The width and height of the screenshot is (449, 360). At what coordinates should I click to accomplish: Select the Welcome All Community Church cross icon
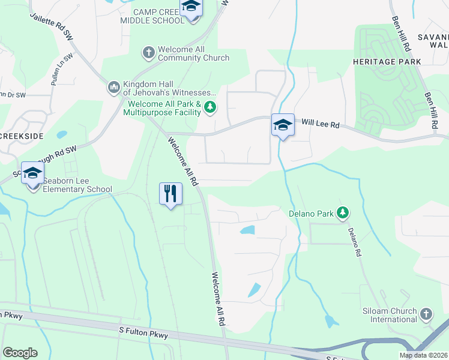tap(148, 53)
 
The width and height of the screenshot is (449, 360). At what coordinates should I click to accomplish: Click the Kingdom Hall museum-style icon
tap(113, 88)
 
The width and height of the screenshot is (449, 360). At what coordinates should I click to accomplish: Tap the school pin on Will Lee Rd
tap(283, 125)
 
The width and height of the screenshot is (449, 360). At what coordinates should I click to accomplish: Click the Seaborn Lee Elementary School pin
tap(33, 174)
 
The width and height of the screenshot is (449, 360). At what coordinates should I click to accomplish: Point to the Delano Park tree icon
tap(342, 212)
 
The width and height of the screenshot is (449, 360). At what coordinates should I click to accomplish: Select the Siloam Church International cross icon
tap(426, 314)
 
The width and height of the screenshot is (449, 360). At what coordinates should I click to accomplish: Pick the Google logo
tap(20, 353)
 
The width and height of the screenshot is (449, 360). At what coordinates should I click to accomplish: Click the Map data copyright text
tap(423, 355)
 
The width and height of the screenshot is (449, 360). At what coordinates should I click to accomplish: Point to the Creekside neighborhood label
tap(22, 136)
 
